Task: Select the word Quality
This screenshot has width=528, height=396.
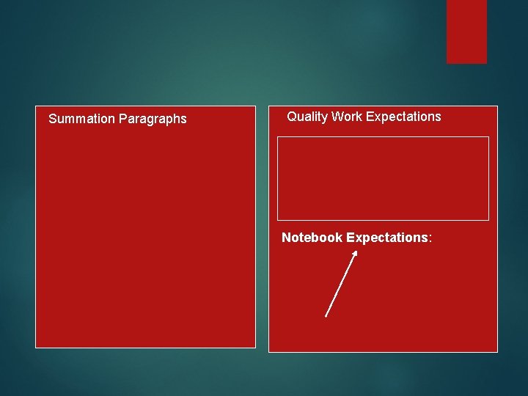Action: (307, 117)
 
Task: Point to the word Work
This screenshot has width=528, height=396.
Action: (347, 117)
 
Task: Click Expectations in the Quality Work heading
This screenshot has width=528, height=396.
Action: (403, 117)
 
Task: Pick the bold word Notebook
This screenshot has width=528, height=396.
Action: (312, 238)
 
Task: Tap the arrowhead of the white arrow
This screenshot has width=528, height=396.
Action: (355, 253)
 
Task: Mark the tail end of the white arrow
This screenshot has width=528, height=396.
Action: (326, 316)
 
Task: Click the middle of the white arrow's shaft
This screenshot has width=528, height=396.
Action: (340, 285)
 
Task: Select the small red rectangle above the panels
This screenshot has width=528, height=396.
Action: (466, 31)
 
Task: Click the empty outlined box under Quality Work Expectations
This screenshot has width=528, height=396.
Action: (383, 178)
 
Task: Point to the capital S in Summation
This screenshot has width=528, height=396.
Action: (52, 119)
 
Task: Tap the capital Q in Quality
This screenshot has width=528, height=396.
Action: (292, 117)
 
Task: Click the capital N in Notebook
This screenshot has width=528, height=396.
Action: (287, 238)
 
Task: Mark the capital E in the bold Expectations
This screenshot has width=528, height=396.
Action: (351, 238)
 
